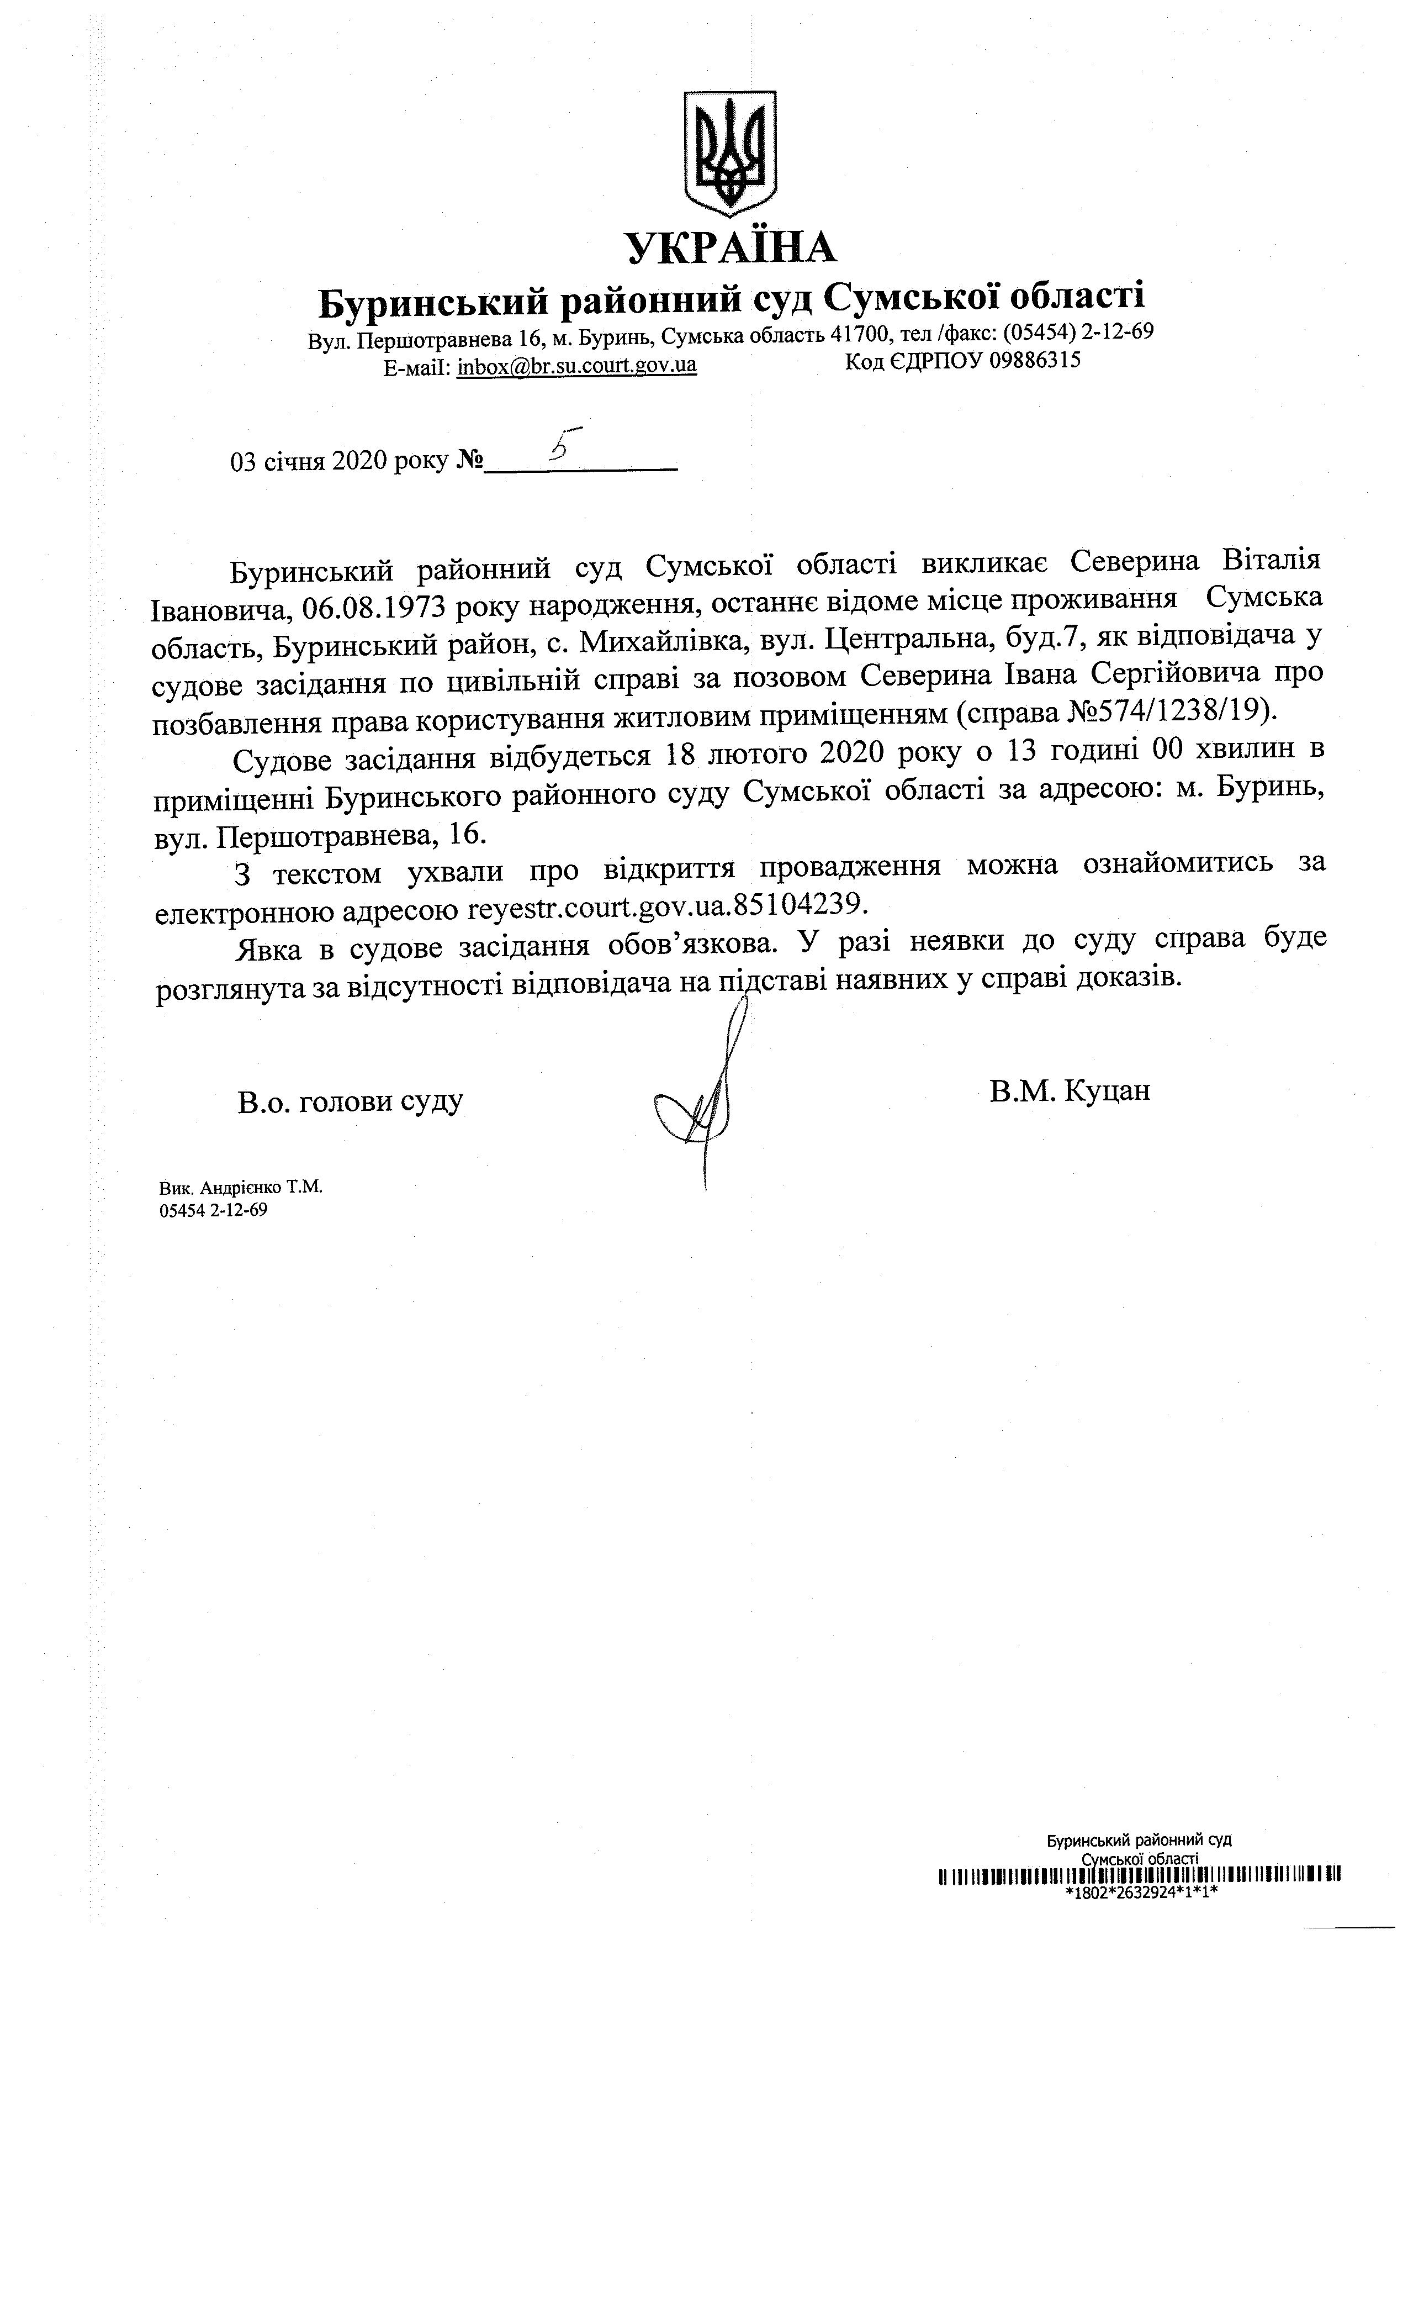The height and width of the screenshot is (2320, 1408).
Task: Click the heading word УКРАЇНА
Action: [x=731, y=247]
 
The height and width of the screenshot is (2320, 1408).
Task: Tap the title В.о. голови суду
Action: [x=350, y=1101]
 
